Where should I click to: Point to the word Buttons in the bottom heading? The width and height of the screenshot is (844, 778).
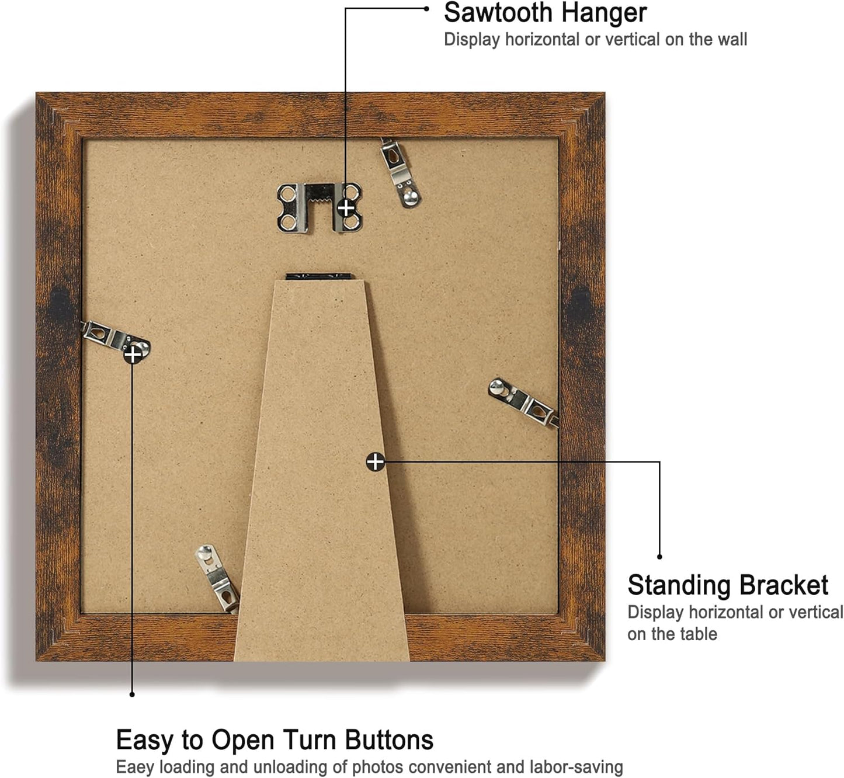(x=389, y=740)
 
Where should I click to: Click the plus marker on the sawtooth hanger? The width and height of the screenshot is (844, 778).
(x=346, y=209)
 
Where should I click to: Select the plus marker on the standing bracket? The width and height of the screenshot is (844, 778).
(x=375, y=461)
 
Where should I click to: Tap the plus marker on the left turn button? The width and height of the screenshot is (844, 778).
(x=133, y=355)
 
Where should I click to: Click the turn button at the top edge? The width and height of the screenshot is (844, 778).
(x=400, y=173)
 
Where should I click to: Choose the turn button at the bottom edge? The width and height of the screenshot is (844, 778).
(x=217, y=579)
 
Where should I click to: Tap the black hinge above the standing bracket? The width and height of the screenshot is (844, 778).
(x=319, y=277)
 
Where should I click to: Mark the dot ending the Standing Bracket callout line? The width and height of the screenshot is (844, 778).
(x=659, y=557)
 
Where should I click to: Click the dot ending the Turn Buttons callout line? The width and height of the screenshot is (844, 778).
(x=132, y=694)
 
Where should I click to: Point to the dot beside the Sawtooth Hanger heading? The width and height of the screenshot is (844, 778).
(x=427, y=9)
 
